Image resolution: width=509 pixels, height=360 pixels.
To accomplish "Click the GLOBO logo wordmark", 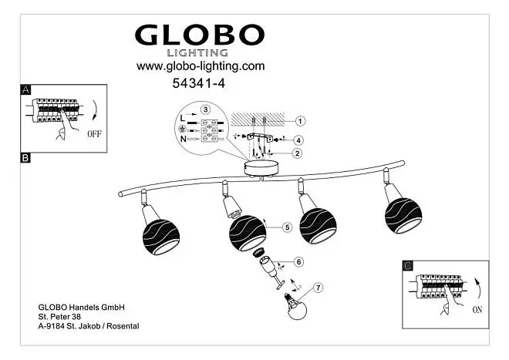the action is (x=200, y=35).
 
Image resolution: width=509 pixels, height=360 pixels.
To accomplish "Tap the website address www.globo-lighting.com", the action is (x=201, y=66).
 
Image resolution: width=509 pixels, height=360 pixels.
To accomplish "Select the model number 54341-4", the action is (x=199, y=83).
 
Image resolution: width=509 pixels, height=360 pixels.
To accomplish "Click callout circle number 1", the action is (x=300, y=121).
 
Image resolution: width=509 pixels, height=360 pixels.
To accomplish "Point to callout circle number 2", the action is (x=297, y=153).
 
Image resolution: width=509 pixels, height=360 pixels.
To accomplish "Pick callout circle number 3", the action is (x=205, y=109).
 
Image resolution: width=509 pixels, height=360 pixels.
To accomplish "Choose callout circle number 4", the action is (x=298, y=140).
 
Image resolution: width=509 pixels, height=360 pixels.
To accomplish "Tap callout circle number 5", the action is (x=287, y=227).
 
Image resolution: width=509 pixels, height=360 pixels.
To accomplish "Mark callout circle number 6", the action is (x=298, y=261).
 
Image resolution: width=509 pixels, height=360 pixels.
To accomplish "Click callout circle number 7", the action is (x=318, y=288).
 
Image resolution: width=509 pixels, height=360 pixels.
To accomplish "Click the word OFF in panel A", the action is (x=94, y=133).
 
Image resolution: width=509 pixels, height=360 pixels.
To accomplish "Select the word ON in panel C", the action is (x=477, y=310).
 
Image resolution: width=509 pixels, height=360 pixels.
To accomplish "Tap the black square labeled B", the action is (x=25, y=158).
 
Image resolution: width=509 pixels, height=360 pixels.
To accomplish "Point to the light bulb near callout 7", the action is (x=295, y=307).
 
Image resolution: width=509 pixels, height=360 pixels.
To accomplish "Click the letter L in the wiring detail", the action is (x=183, y=119).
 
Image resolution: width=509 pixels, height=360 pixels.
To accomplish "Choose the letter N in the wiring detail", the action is (x=183, y=139).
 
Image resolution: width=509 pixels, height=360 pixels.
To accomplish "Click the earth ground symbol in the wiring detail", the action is (x=183, y=129).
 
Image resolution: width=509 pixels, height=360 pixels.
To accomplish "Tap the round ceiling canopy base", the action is (x=261, y=169).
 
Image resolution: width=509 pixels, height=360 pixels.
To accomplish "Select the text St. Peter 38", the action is (x=59, y=317).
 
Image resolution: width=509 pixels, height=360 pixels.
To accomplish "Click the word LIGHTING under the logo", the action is (x=197, y=52).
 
